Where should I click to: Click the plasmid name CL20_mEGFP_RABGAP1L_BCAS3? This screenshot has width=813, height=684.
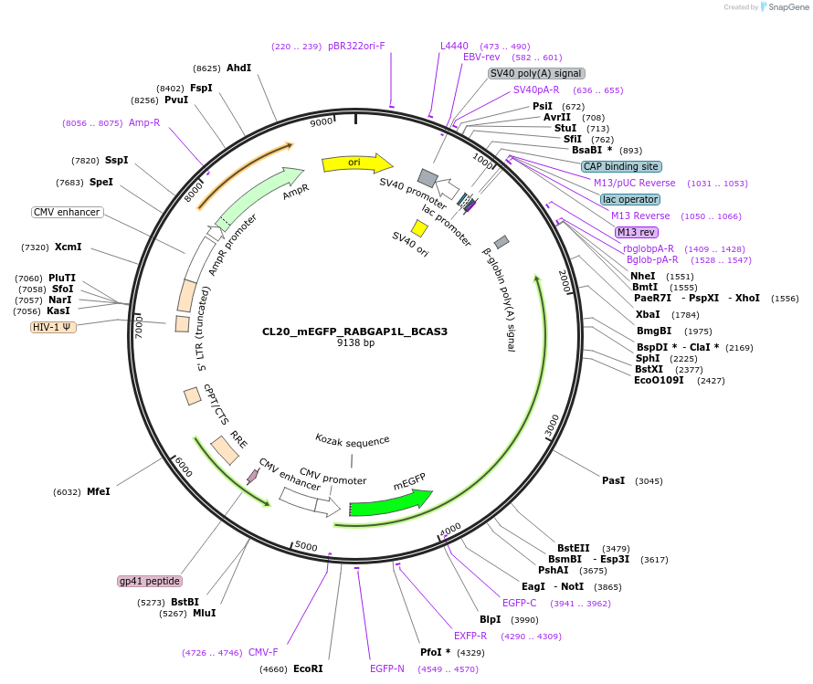[x=354, y=331]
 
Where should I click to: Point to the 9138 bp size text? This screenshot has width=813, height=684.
[x=355, y=343]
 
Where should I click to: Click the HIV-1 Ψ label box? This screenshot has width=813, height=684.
[x=54, y=326]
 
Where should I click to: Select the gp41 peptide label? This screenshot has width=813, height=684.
[x=150, y=581]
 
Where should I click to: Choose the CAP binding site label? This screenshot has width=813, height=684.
[x=621, y=166]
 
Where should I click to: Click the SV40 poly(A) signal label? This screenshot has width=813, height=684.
[x=536, y=73]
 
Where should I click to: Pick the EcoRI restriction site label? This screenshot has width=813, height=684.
[x=309, y=669]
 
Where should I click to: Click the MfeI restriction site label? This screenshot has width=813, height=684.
[x=98, y=491]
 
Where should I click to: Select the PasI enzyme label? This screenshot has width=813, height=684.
[x=613, y=480]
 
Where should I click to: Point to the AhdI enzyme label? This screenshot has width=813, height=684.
[x=238, y=68]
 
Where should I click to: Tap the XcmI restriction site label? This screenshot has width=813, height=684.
[x=69, y=247]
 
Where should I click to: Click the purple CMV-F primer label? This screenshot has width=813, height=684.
[x=263, y=652]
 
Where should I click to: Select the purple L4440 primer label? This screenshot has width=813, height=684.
[x=454, y=46]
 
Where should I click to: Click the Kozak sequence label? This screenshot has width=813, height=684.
[x=353, y=442]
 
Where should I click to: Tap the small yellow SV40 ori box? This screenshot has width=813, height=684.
[x=419, y=228]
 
